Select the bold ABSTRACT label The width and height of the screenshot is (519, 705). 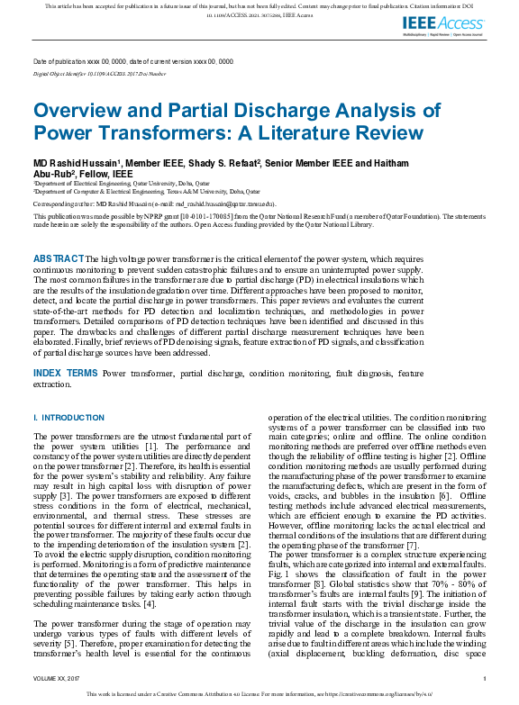59,258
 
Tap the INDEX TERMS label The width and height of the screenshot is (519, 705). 66,372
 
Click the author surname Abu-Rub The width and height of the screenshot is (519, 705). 55,173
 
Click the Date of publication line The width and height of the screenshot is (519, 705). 132,61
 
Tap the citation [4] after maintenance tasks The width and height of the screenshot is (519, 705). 181,602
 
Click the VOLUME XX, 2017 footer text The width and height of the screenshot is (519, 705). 56,678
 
